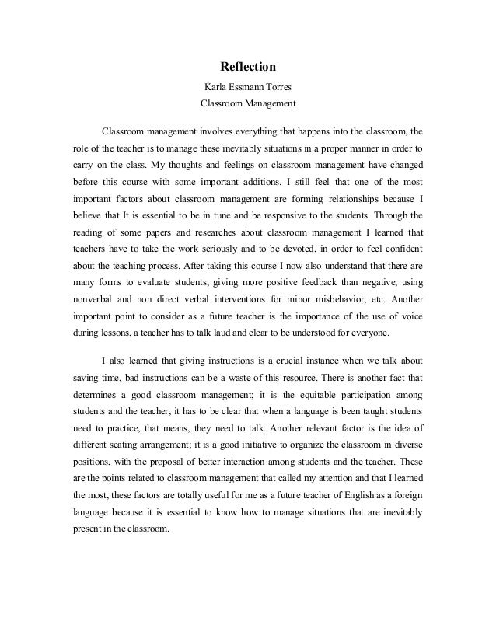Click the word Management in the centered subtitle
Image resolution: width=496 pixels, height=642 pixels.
[x=268, y=102]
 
